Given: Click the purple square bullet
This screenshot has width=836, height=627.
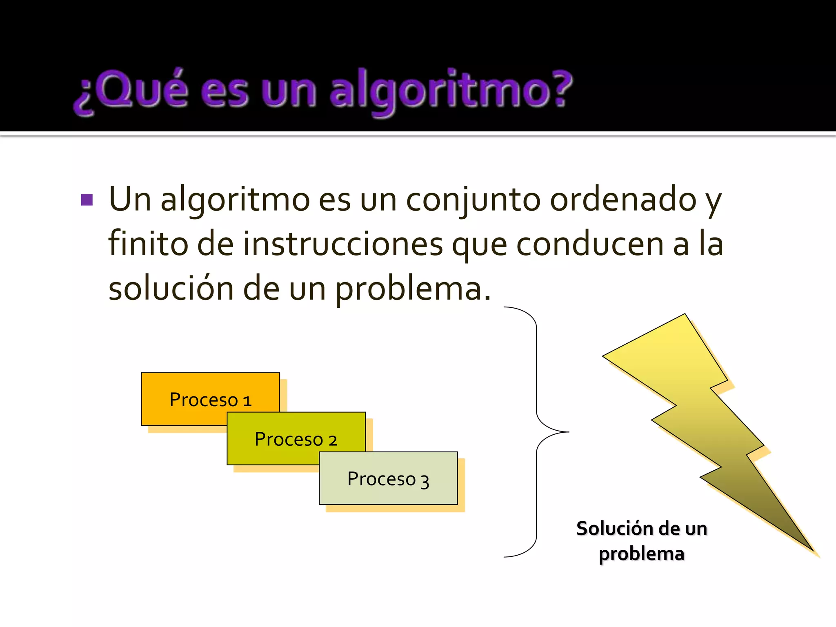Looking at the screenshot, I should pyautogui.click(x=87, y=200).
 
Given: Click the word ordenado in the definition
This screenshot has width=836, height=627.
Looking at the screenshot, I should pyautogui.click(x=623, y=200).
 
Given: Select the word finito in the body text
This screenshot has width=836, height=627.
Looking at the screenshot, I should pyautogui.click(x=148, y=244).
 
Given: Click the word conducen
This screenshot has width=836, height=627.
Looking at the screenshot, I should pyautogui.click(x=590, y=245).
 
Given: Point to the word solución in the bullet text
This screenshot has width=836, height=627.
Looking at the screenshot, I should pyautogui.click(x=171, y=288).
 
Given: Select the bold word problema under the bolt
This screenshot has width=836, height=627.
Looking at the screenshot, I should pyautogui.click(x=641, y=554).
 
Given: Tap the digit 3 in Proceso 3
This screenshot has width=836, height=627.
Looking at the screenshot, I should pyautogui.click(x=425, y=482).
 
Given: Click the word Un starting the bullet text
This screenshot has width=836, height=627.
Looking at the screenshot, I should pyautogui.click(x=130, y=200).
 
